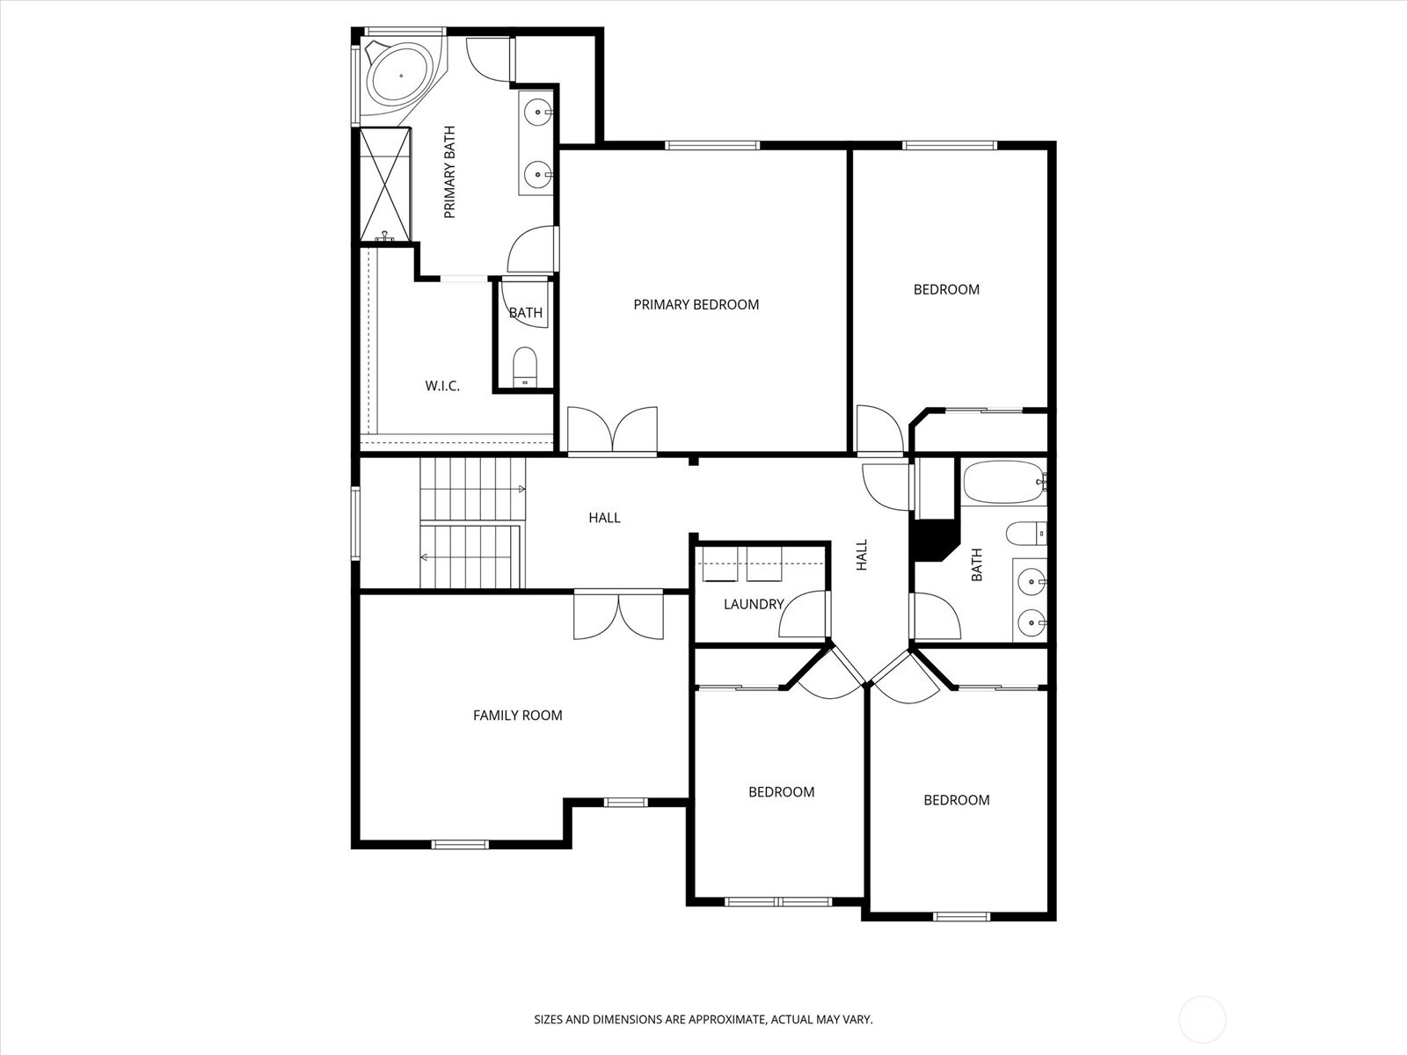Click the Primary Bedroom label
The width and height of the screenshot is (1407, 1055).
click(696, 305)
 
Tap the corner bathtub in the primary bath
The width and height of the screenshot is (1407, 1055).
click(400, 76)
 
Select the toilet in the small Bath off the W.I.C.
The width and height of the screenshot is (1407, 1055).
click(524, 366)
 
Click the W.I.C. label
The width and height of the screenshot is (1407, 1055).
click(442, 386)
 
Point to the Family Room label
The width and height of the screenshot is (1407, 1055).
click(517, 716)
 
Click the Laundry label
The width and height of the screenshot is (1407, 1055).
click(753, 605)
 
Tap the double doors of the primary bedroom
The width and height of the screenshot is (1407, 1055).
click(612, 431)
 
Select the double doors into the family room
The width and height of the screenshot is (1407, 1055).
click(618, 615)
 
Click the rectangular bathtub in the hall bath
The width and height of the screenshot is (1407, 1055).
click(1003, 483)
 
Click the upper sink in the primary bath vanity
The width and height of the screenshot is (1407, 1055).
click(537, 113)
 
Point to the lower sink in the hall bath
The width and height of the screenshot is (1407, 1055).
click(1031, 622)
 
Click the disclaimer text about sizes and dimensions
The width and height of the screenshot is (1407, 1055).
click(703, 1020)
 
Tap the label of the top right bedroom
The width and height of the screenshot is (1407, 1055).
click(946, 290)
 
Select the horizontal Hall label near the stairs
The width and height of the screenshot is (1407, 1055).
click(604, 519)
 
